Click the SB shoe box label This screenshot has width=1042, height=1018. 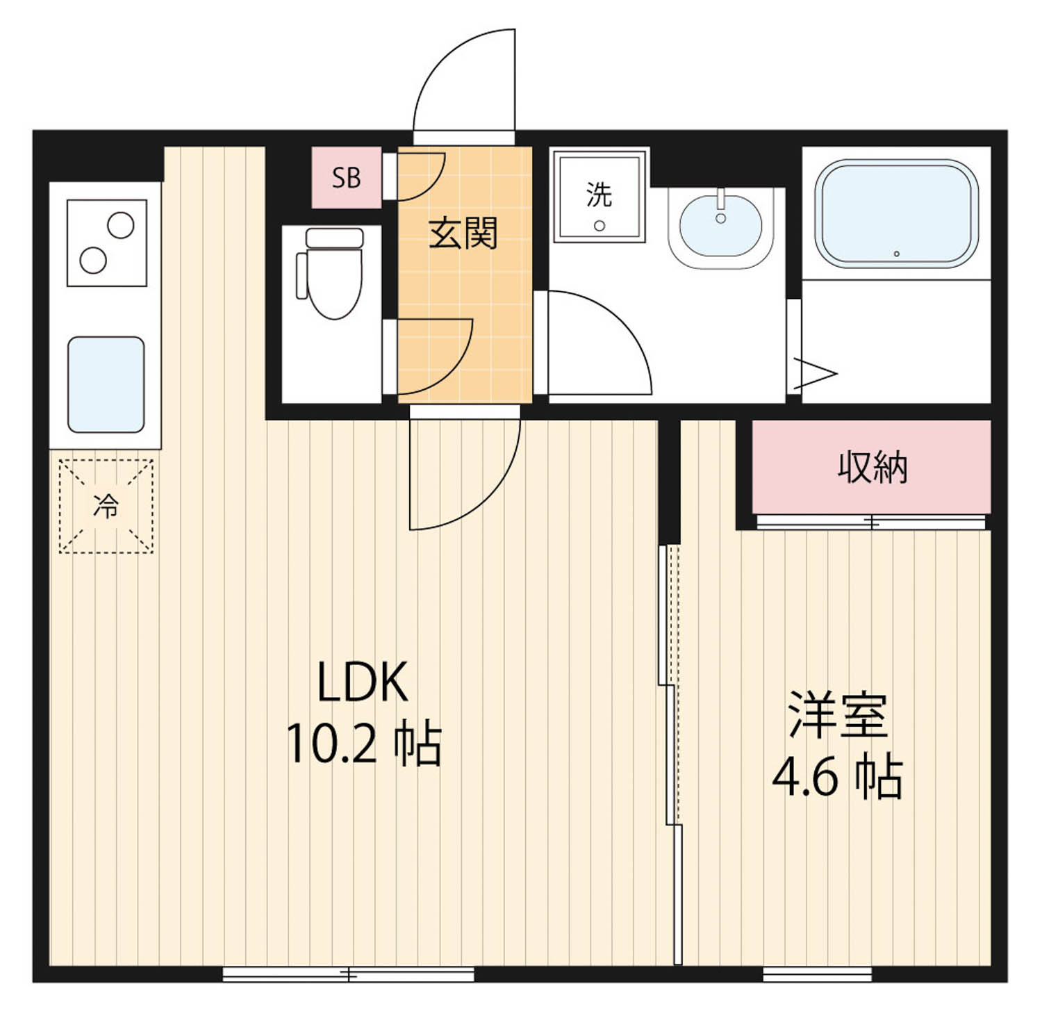[346, 178]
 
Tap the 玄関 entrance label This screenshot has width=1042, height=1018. [463, 233]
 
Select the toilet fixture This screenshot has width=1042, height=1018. [331, 273]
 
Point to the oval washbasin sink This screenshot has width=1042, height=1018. [720, 224]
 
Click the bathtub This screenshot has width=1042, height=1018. [896, 213]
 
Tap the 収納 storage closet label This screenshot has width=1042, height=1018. [873, 467]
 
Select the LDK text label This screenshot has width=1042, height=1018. [363, 682]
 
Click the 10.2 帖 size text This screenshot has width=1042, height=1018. [363, 744]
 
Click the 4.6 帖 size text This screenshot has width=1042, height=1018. [837, 776]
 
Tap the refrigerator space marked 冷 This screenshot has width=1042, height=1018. [106, 506]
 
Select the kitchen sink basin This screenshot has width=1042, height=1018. [106, 384]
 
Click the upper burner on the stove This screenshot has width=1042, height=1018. [121, 225]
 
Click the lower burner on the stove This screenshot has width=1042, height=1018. [93, 261]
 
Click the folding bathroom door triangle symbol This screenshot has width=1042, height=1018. [816, 373]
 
